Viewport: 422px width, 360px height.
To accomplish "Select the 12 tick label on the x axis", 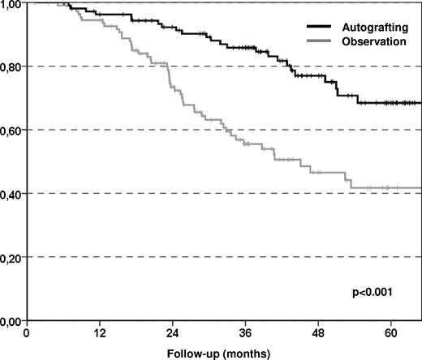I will coord(100,333).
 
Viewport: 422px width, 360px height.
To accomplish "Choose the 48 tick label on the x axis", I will coord(319,333).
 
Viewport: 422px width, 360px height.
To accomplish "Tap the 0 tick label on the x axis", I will coord(27,333).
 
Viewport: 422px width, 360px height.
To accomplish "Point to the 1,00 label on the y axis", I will coord(11,4).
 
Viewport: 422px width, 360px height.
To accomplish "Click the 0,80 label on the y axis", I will coord(11,66).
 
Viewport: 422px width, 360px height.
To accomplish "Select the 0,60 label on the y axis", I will coord(11,130).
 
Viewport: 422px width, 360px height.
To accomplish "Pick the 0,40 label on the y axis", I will coord(11,194).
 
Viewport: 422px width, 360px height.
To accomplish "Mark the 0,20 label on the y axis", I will coord(11,257).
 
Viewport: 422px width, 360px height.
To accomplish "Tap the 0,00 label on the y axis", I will coord(11,320).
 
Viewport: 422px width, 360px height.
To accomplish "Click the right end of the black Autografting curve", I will coord(420,103).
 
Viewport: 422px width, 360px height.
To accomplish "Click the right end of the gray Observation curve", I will coord(420,187).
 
